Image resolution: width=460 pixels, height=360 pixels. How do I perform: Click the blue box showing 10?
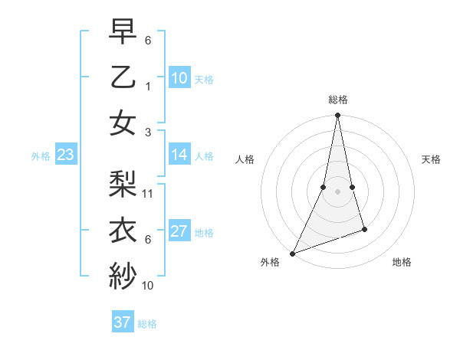tap(179, 77)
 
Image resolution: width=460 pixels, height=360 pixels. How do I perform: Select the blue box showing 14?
tap(179, 155)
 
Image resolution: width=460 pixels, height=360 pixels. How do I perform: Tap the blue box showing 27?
tap(179, 231)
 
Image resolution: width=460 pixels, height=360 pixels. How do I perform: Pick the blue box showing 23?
tap(65, 155)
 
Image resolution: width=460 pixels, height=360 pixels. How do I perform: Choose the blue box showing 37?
tap(122, 322)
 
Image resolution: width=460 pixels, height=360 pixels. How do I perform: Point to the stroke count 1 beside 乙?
tap(148, 86)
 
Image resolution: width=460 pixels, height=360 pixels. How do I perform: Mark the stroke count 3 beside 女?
tap(148, 132)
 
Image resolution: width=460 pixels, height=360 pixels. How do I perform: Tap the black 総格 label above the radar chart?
tap(338, 100)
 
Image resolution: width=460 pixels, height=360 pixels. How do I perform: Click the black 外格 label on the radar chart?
tap(270, 263)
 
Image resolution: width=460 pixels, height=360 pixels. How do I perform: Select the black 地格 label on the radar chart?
tap(402, 263)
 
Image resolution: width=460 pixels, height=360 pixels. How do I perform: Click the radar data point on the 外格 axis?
tap(292, 253)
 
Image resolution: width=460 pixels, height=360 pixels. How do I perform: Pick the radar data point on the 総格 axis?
tap(337, 116)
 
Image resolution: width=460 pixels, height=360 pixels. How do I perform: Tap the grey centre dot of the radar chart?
tap(337, 191)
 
